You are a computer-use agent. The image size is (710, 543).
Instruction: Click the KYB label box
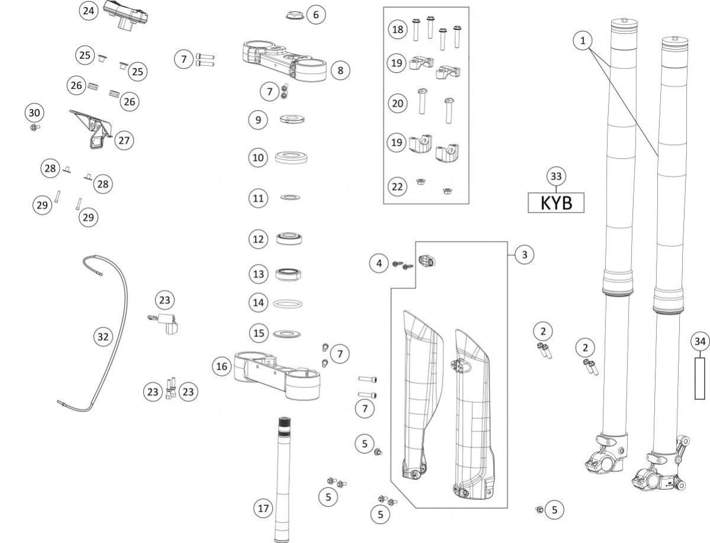point(556,203)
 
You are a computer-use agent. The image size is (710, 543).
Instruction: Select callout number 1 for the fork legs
point(583,41)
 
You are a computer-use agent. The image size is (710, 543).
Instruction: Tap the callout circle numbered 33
point(556,176)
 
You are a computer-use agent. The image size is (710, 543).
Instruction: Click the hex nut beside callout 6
point(294,15)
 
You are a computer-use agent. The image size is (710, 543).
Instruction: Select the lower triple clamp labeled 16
point(277,375)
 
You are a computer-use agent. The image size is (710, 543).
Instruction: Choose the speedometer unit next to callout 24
point(125,15)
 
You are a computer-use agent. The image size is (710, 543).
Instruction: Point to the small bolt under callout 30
point(34,127)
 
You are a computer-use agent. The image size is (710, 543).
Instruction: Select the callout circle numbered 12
point(258,239)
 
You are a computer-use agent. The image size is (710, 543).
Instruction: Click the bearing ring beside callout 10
point(291,158)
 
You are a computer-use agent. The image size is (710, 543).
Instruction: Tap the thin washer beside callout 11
point(290,197)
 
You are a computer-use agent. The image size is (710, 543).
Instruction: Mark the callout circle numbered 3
point(524,255)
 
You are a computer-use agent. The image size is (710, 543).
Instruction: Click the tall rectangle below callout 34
point(700,378)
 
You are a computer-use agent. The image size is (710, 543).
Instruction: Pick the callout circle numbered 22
point(397,187)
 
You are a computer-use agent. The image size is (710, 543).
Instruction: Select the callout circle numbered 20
point(398,103)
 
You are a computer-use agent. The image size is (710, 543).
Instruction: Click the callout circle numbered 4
point(379,264)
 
